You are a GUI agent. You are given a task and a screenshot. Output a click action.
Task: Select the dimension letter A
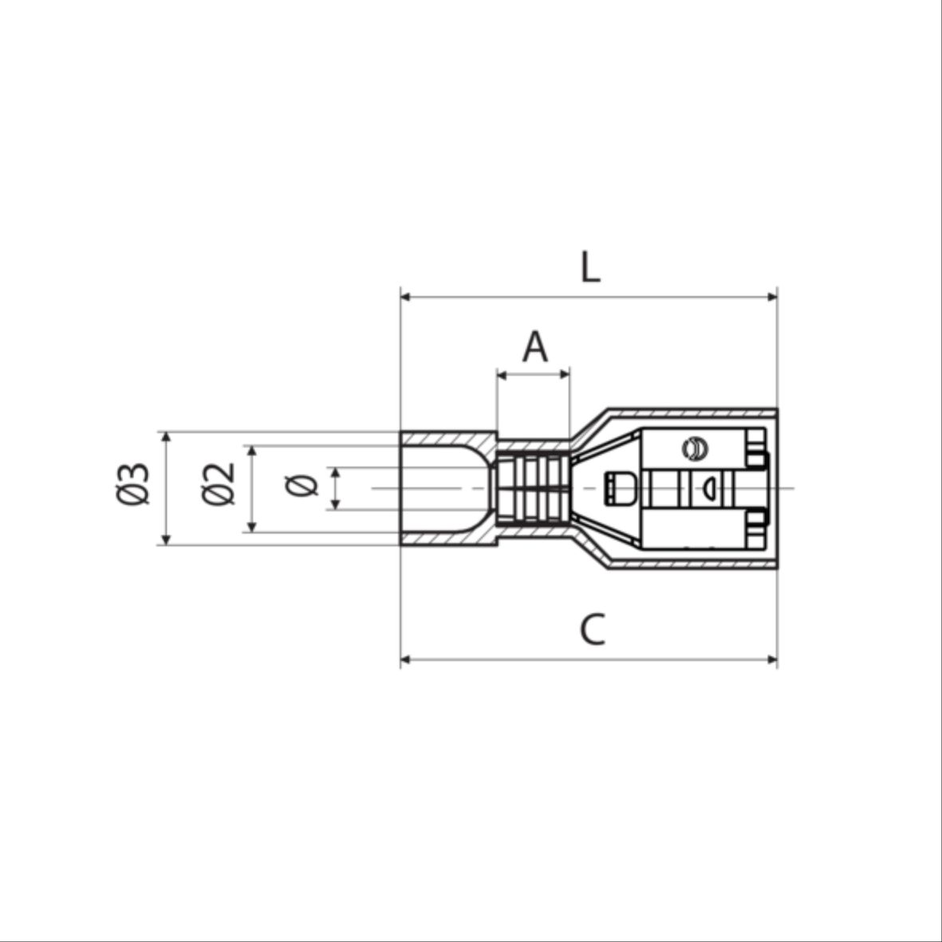[534, 346]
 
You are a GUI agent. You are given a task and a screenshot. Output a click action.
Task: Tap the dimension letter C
[593, 629]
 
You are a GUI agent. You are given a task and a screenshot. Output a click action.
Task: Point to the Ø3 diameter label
[132, 483]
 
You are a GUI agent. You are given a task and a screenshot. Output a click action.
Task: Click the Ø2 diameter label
[218, 483]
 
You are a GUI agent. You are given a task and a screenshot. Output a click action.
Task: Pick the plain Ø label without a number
[302, 486]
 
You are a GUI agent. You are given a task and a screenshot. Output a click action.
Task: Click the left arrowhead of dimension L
[405, 296]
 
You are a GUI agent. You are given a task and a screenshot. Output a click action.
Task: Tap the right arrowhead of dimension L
[773, 296]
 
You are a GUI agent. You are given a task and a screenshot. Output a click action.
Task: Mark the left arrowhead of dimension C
[405, 660]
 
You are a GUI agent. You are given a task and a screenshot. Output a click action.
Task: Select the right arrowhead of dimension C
[773, 660]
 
